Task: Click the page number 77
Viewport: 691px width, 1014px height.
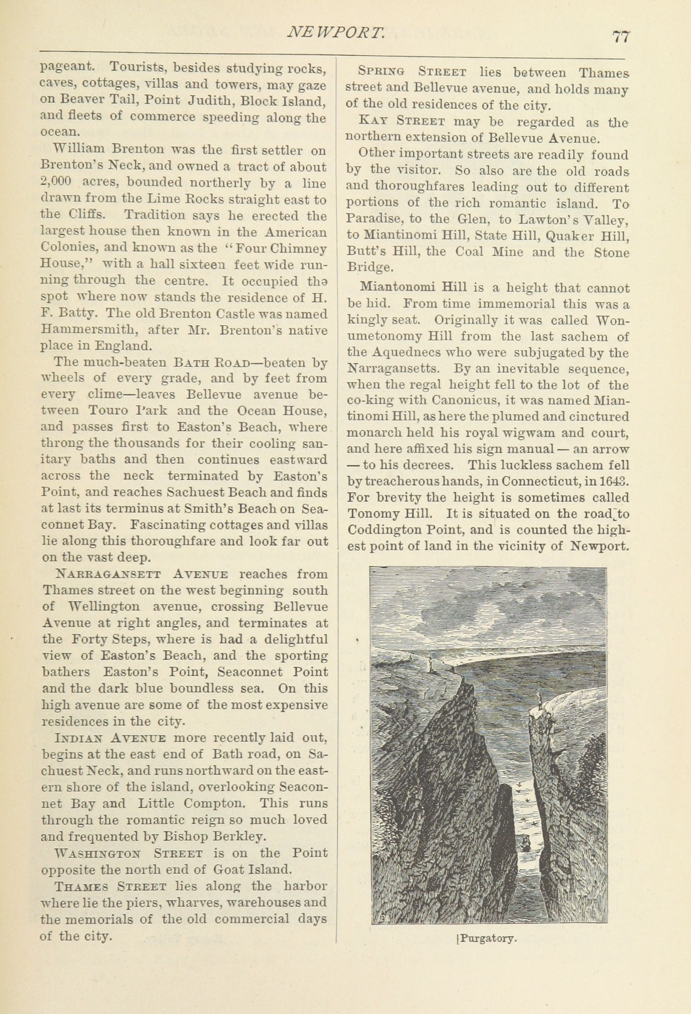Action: click(621, 37)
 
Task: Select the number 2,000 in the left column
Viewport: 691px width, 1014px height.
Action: click(56, 183)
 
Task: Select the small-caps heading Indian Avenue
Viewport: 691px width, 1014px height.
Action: click(110, 738)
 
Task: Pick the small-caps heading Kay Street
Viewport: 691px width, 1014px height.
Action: click(401, 122)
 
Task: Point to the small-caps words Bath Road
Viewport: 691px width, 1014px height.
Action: click(212, 363)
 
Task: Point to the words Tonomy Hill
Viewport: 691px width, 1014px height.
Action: click(380, 514)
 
